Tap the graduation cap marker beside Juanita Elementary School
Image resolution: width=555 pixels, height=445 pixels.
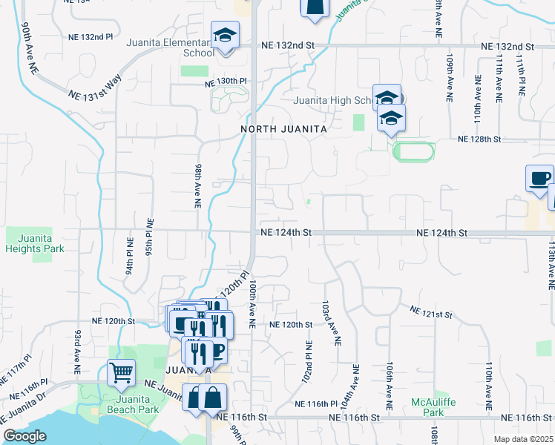[225, 35]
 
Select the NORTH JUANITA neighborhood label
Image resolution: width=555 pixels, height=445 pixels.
[284, 129]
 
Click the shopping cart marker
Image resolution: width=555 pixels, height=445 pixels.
[121, 372]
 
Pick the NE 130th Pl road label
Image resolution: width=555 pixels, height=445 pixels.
[226, 81]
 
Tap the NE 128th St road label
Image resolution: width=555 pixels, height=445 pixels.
[480, 139]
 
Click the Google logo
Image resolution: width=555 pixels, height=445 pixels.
[24, 436]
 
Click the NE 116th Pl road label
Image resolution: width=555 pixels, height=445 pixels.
[316, 403]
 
